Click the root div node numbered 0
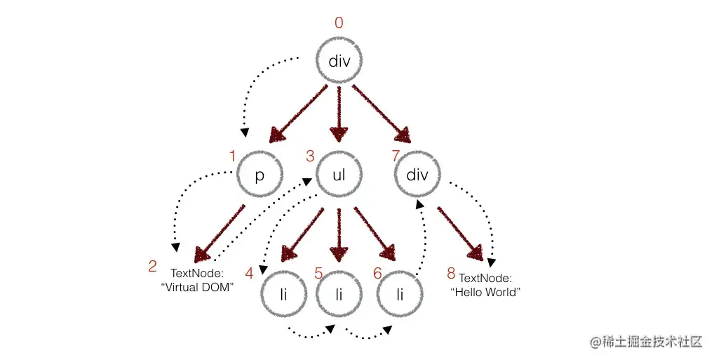[x=339, y=61]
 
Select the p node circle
[x=260, y=175]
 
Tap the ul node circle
[x=339, y=175]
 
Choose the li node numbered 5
[x=340, y=293]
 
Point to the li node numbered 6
[x=400, y=293]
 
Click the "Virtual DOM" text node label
[x=202, y=280]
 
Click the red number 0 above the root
[x=339, y=23]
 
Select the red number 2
[x=152, y=267]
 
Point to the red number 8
[x=451, y=274]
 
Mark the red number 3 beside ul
[x=310, y=156]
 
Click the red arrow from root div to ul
[x=339, y=112]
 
